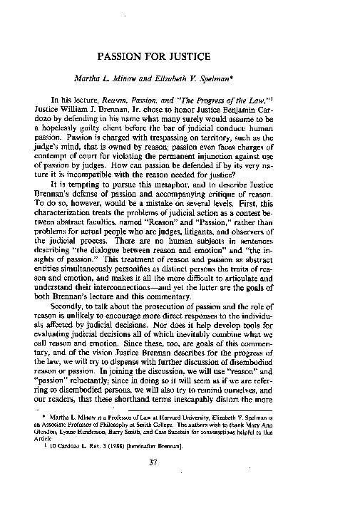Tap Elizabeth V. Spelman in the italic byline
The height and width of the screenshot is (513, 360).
pyautogui.click(x=215, y=78)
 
